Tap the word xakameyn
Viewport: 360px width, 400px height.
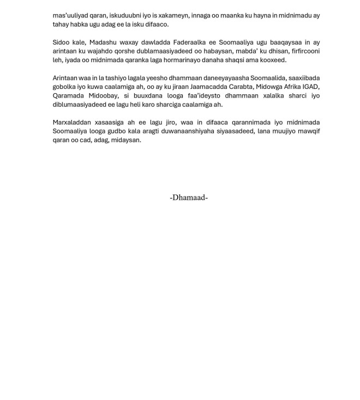184,15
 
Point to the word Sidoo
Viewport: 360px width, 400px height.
62,42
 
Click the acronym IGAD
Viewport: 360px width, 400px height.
311,87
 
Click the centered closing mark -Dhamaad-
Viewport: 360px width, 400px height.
189,198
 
